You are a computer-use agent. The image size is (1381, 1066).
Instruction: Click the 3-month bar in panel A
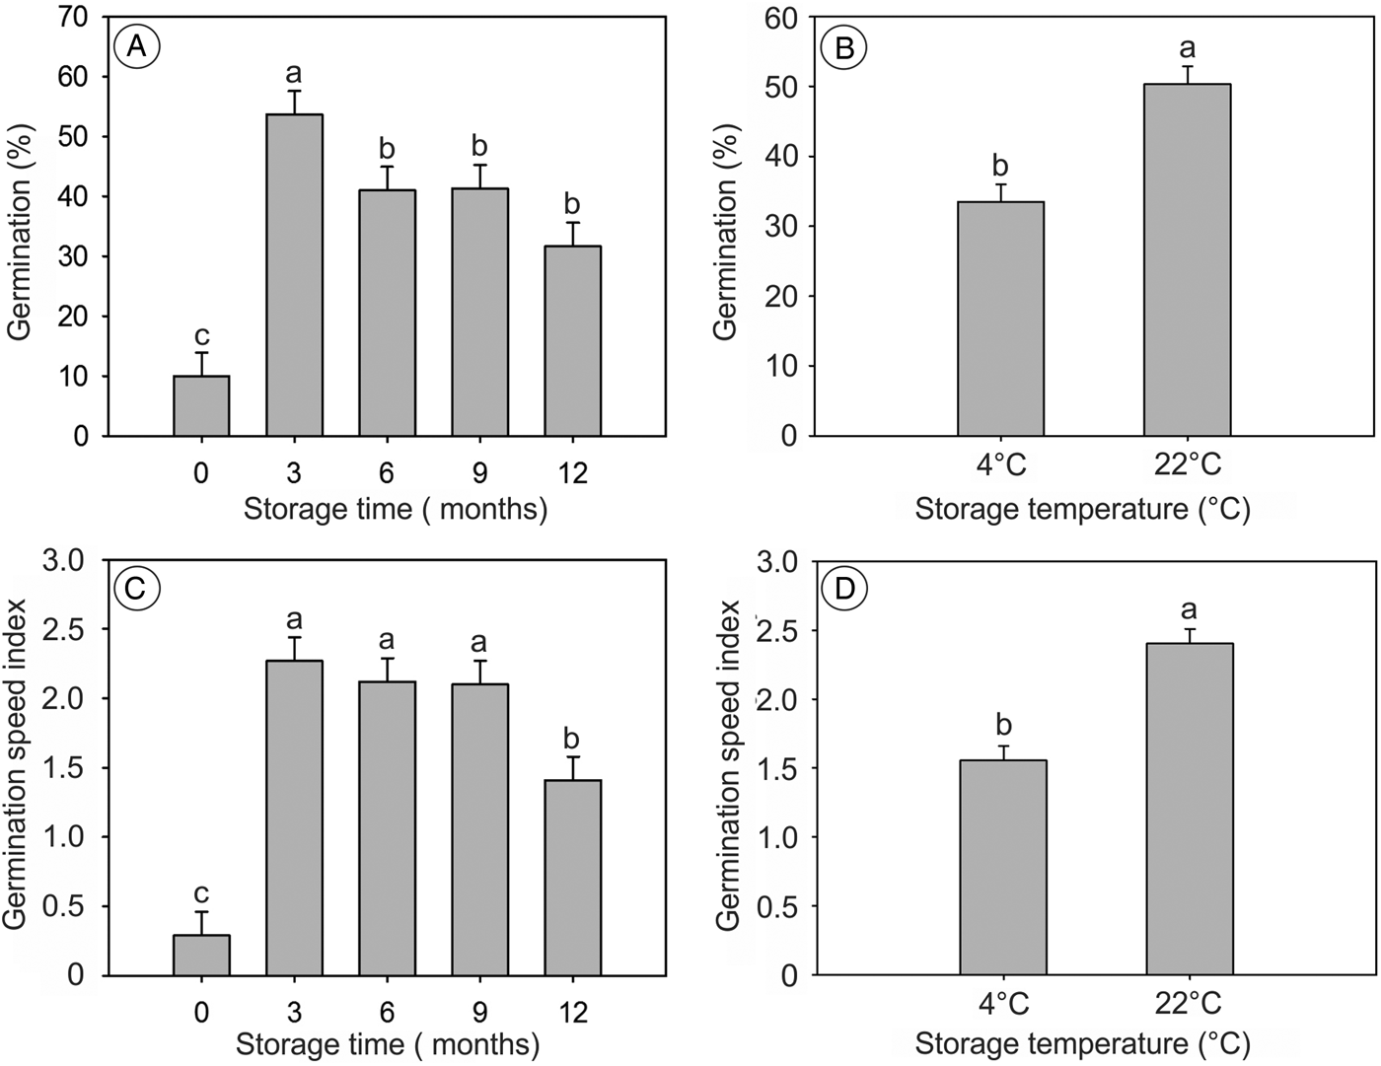pos(294,276)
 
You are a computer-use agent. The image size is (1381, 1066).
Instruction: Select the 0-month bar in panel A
pos(201,406)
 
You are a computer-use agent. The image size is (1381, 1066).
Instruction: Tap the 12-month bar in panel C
pos(572,878)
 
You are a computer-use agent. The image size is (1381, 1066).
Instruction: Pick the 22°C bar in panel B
pos(1187,260)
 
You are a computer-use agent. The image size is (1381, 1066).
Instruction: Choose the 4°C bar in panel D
pos(1002,868)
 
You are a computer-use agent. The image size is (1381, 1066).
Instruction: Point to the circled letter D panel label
pos(844,590)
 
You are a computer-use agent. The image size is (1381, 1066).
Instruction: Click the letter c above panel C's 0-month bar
pos(201,892)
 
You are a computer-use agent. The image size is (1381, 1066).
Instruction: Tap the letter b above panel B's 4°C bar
pos(1000,165)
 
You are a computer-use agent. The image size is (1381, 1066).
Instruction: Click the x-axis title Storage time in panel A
pos(395,509)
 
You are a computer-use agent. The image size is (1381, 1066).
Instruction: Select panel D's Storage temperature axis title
pos(1082,1042)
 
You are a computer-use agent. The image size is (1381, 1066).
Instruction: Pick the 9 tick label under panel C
pos(479,1012)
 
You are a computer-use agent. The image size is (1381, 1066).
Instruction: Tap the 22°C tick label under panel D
pos(1188,1004)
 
